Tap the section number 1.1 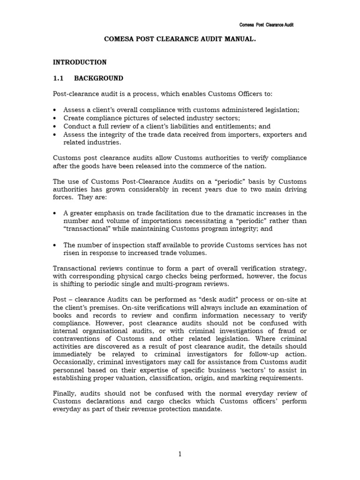59,78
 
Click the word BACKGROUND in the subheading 99,78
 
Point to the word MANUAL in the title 238,40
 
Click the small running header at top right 267,24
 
